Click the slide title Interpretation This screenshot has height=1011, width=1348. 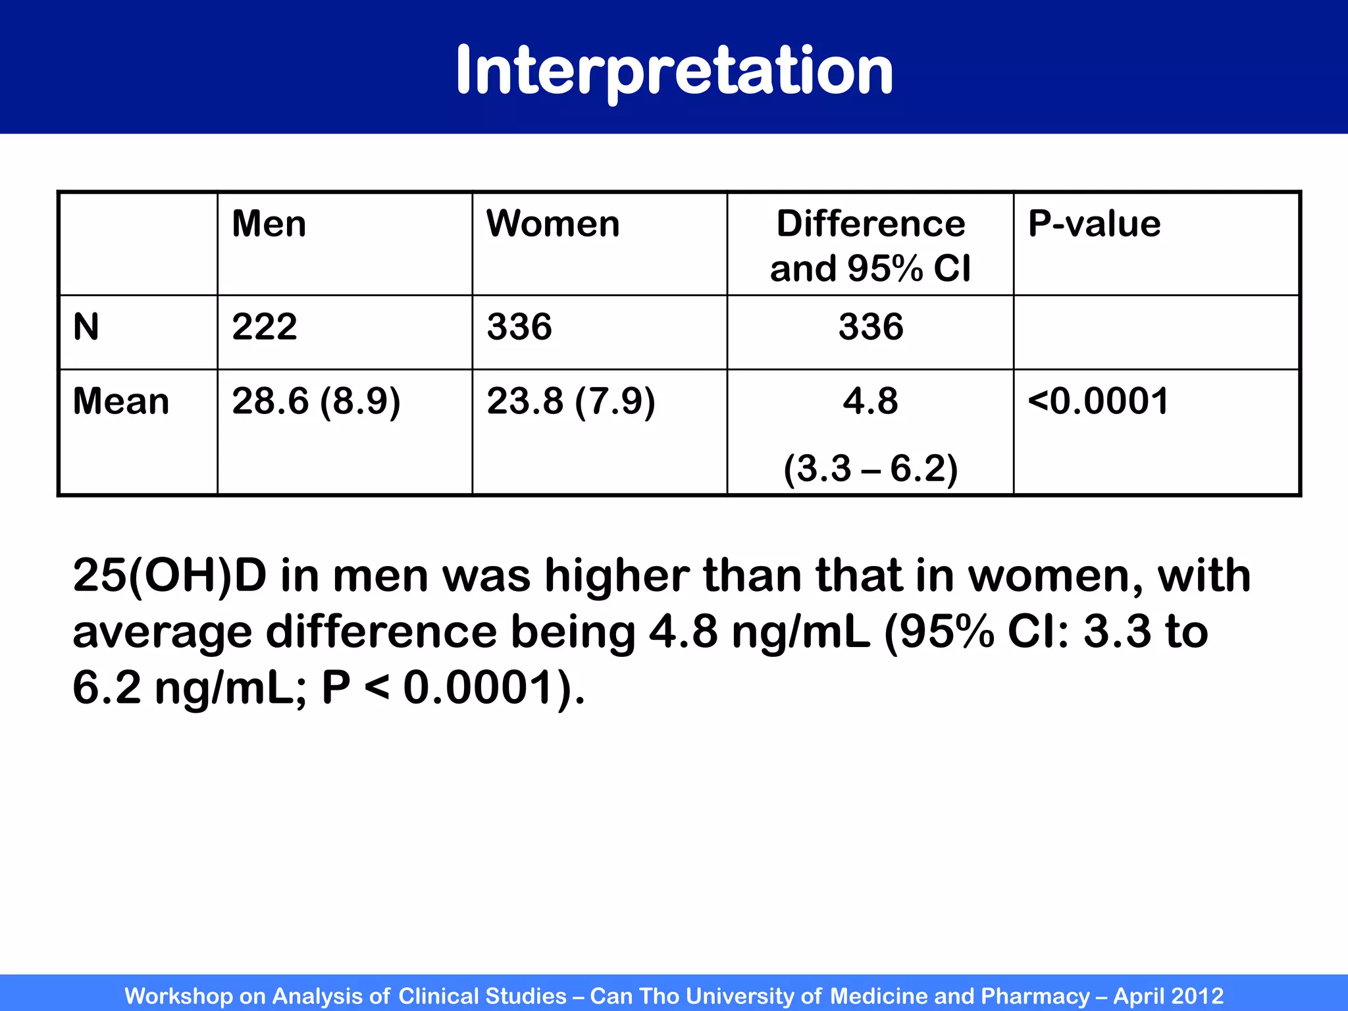point(674,70)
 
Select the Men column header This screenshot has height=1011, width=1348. point(269,224)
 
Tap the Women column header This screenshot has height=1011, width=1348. point(553,224)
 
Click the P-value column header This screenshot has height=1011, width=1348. point(1094,224)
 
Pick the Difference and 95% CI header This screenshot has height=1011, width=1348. point(870,246)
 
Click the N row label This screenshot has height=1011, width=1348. point(86,327)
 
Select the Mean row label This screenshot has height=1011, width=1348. point(121,402)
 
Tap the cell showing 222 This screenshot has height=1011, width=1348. point(265,327)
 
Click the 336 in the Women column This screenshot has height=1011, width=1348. point(519,327)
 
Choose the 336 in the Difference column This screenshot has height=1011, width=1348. point(871,327)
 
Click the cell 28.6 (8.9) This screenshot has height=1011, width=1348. point(316,402)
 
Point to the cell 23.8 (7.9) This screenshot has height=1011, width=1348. point(571,402)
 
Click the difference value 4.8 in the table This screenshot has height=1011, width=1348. point(870,402)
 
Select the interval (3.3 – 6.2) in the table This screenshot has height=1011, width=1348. point(870,469)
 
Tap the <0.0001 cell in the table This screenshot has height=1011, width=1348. point(1098,402)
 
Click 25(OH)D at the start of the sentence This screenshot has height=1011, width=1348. point(170,576)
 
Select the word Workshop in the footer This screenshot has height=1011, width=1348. point(178,996)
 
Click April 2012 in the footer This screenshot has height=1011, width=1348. point(1168,996)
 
